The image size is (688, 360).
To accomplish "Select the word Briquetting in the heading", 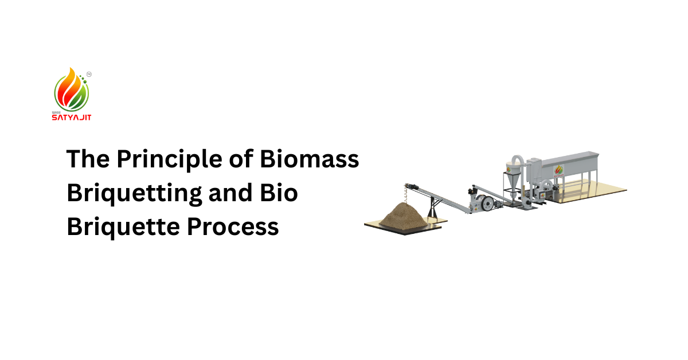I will coord(134,193).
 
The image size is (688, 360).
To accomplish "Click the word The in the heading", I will coord(87,159).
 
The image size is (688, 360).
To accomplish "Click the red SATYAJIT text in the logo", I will coord(72,117).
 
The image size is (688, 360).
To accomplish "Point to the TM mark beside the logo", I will coord(89,74).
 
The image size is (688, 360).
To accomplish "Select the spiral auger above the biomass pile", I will coord(412,192).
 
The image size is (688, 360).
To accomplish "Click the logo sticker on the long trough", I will coord(560,170).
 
